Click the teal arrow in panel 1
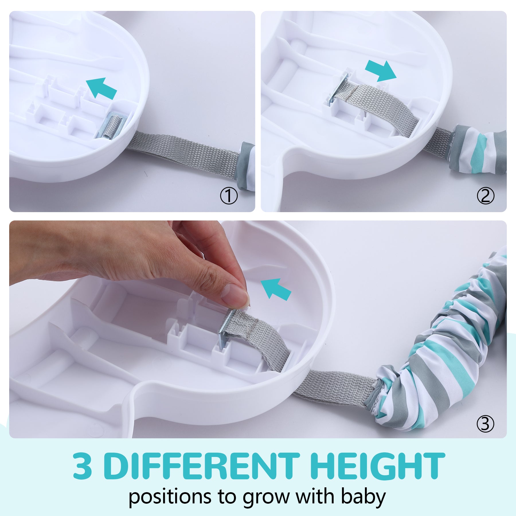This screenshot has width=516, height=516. [101, 88]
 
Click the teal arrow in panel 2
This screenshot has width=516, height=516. [381, 71]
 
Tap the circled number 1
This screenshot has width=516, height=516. [229, 196]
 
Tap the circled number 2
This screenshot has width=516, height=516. [486, 196]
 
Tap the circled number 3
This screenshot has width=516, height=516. [486, 424]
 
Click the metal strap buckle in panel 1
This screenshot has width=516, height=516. [111, 126]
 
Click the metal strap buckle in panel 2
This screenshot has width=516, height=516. [338, 88]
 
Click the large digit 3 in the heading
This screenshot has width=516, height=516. [83, 466]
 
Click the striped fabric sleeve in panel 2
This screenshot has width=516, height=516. [478, 150]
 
